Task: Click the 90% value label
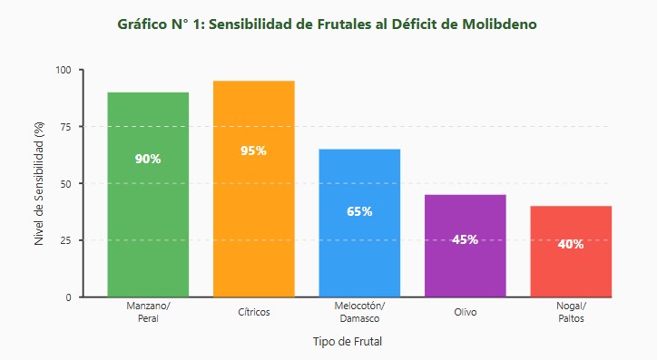pyautogui.click(x=148, y=159)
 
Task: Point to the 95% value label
pyautogui.click(x=253, y=151)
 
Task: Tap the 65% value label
pyautogui.click(x=359, y=211)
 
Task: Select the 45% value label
pyautogui.click(x=465, y=239)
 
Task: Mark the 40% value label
pyautogui.click(x=571, y=244)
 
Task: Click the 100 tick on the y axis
pyautogui.click(x=63, y=70)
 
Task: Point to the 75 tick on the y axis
pyautogui.click(x=65, y=127)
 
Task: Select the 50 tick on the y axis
pyautogui.click(x=65, y=183)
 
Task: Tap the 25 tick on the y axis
pyautogui.click(x=65, y=240)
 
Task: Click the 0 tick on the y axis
pyautogui.click(x=68, y=297)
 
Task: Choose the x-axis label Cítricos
pyautogui.click(x=253, y=312)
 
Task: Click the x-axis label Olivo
pyautogui.click(x=465, y=312)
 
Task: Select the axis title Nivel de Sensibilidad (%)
pyautogui.click(x=39, y=184)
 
